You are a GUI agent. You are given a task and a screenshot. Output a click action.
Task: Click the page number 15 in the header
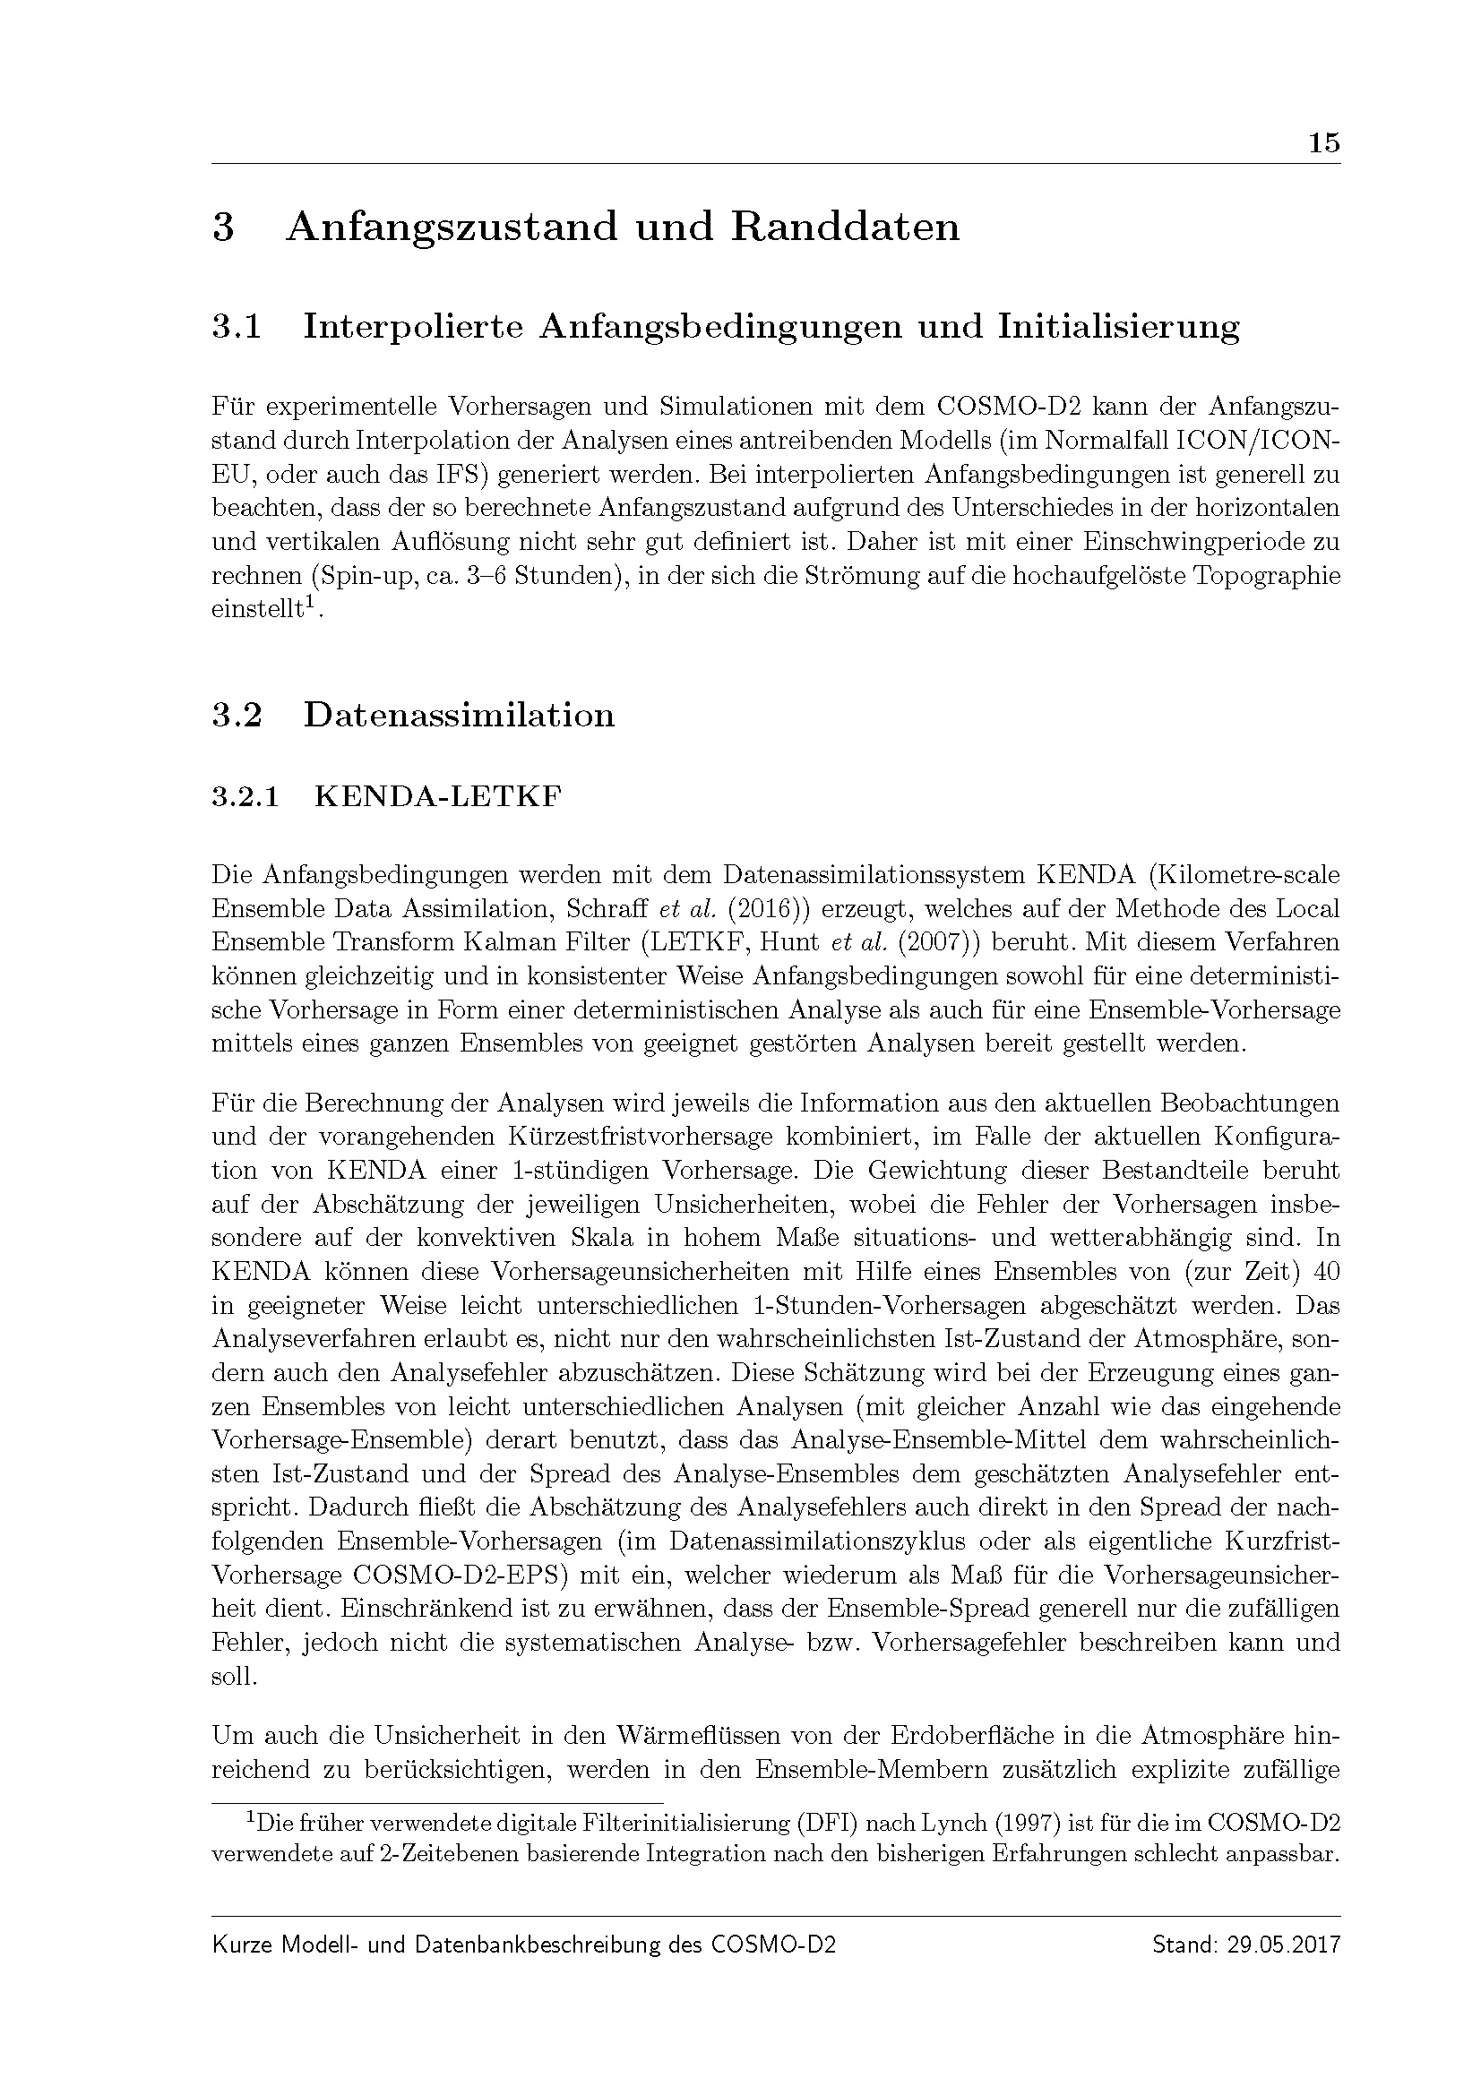point(1323,143)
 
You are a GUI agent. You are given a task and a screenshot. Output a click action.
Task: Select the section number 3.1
point(237,327)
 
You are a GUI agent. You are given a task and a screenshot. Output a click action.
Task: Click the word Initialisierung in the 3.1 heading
point(1119,327)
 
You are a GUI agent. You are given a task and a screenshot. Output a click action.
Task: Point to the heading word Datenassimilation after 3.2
point(459,716)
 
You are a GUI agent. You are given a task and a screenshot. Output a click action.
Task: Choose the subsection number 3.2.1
point(244,797)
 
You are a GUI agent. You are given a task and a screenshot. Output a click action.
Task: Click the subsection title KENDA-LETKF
point(438,797)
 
